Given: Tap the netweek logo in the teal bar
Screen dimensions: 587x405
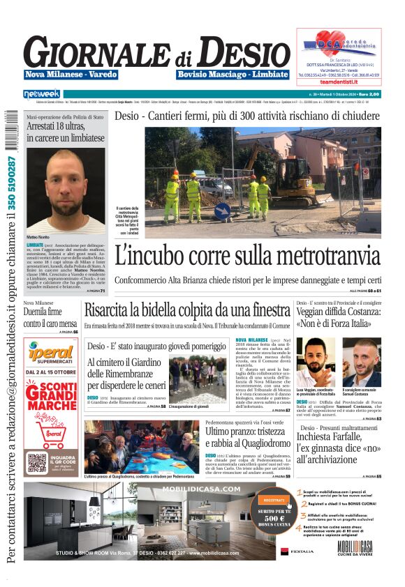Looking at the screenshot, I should (41, 93).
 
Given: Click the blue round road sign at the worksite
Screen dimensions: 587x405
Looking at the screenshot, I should (221, 209).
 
